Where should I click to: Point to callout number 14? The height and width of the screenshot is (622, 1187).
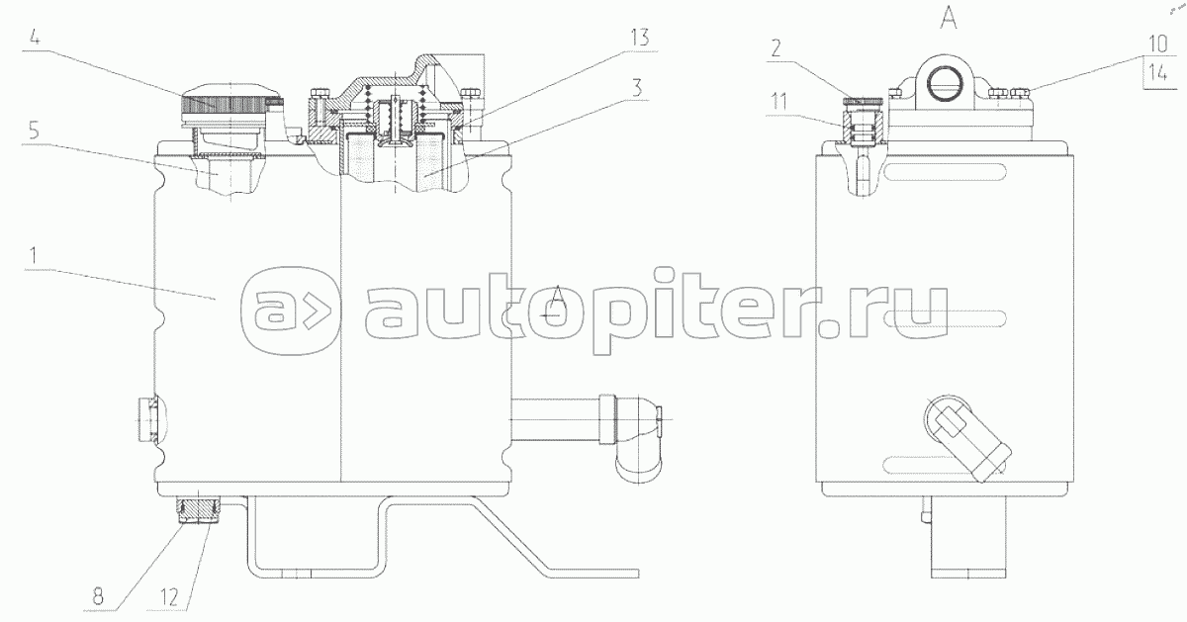1158,73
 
